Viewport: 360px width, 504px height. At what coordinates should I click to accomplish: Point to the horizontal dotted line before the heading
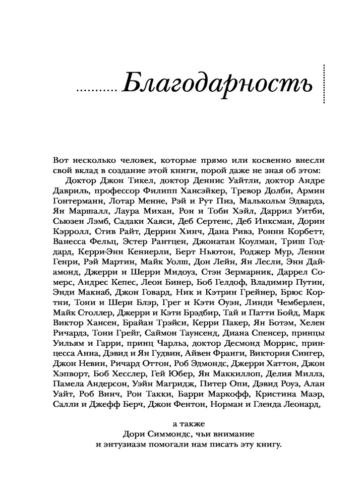pyautogui.click(x=95, y=91)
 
